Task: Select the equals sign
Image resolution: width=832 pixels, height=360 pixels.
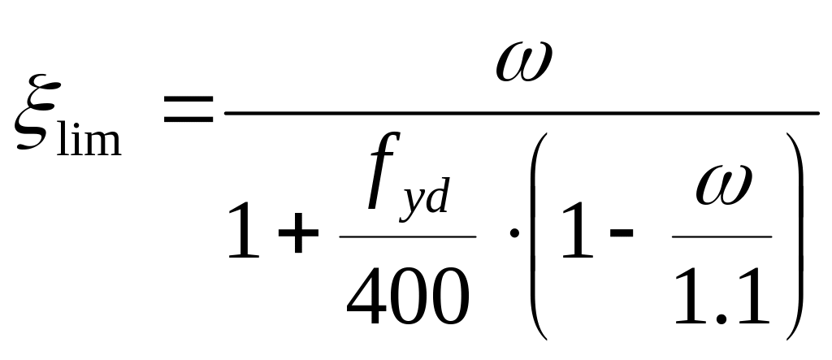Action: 188,111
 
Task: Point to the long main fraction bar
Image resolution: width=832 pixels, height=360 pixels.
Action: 520,113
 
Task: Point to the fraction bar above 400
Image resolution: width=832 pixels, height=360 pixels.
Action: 407,236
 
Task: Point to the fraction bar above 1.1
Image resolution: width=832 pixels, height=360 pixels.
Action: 721,236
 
